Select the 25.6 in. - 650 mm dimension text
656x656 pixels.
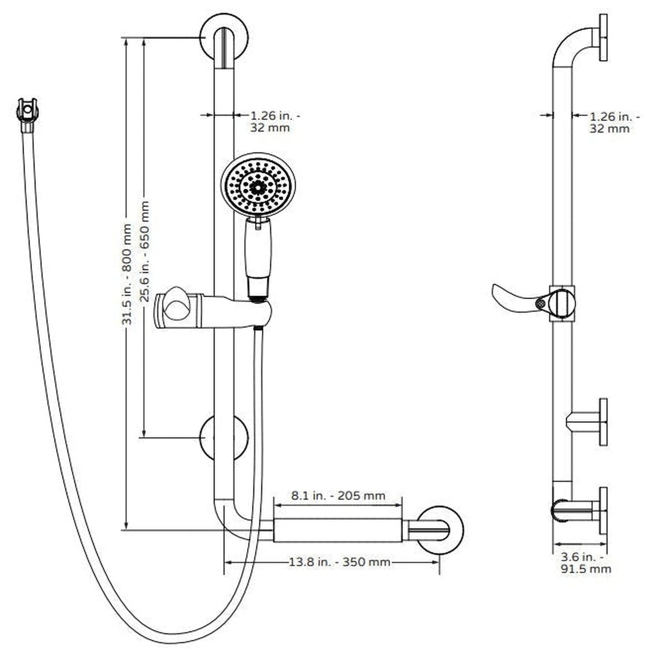[145, 251]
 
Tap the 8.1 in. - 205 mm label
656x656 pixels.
[338, 495]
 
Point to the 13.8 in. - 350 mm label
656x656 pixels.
[340, 562]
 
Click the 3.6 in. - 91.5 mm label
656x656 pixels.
[586, 562]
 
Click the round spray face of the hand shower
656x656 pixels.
[258, 185]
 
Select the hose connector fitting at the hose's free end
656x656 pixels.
[27, 113]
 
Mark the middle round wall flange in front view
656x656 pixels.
[224, 438]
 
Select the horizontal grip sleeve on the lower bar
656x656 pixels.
[338, 530]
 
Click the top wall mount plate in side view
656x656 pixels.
[602, 37]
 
